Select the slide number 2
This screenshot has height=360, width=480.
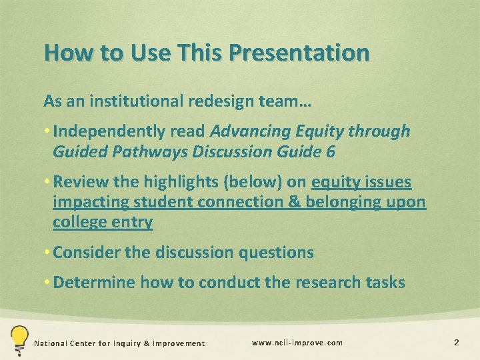(x=457, y=343)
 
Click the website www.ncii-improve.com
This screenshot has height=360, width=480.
(x=297, y=343)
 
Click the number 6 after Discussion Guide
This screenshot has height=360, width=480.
(x=331, y=151)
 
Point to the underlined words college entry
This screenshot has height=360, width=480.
(x=103, y=222)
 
